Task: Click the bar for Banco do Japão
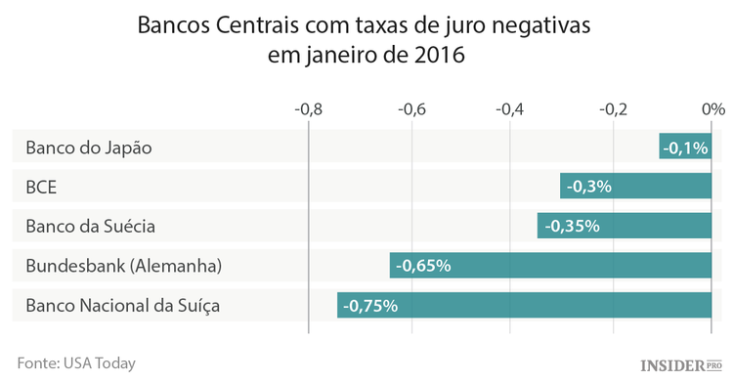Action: pyautogui.click(x=686, y=148)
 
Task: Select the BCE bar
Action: pyautogui.click(x=636, y=187)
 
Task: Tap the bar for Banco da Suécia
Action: pyautogui.click(x=625, y=226)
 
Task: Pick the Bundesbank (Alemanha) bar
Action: pyautogui.click(x=550, y=266)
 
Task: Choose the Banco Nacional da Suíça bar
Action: pyautogui.click(x=525, y=305)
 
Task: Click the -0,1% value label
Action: pyautogui.click(x=685, y=148)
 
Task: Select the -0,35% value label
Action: pyautogui.click(x=571, y=226)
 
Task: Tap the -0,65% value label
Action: pyautogui.click(x=425, y=266)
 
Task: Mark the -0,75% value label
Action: pyautogui.click(x=371, y=305)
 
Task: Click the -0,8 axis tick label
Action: pyautogui.click(x=308, y=108)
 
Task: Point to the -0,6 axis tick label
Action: pyautogui.click(x=411, y=108)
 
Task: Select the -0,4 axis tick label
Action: pyautogui.click(x=512, y=108)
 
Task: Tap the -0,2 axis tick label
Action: pyautogui.click(x=613, y=108)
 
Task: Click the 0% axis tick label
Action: pyautogui.click(x=712, y=108)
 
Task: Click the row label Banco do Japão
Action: pyautogui.click(x=89, y=148)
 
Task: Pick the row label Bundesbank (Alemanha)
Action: pyautogui.click(x=124, y=266)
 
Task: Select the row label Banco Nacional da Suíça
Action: pyautogui.click(x=122, y=305)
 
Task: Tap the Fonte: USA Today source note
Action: pyautogui.click(x=75, y=362)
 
